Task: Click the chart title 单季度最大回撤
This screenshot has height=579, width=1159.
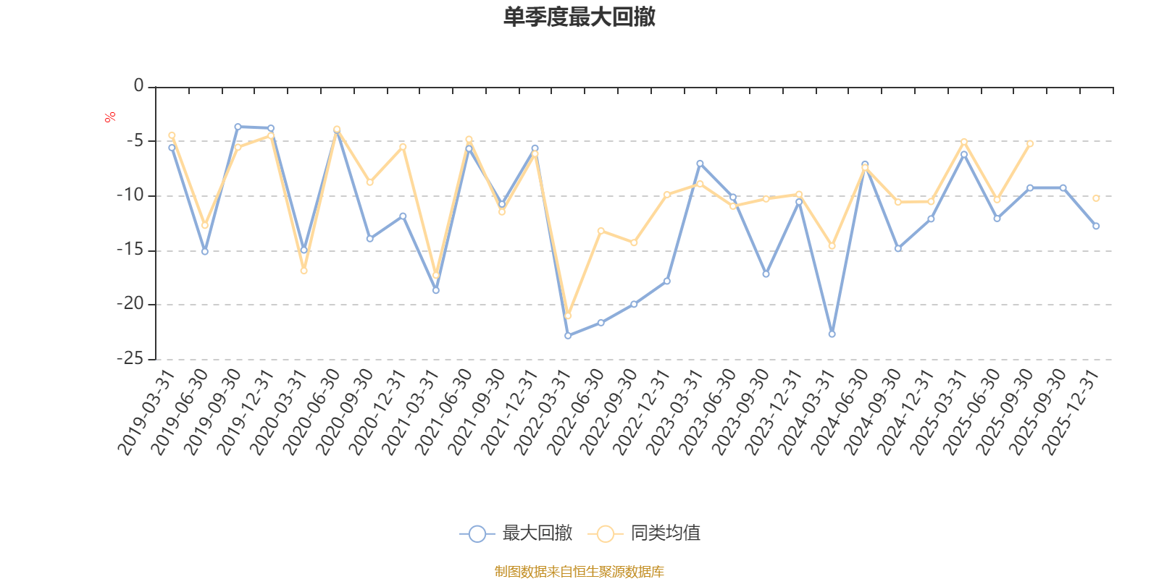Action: [579, 17]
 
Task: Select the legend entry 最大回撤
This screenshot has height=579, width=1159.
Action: [516, 534]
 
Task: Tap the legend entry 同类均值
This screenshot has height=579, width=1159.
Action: [645, 534]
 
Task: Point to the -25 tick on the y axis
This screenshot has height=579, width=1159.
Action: [130, 359]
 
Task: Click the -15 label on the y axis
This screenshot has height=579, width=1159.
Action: [130, 250]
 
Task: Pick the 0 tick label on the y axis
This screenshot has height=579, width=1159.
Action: [138, 86]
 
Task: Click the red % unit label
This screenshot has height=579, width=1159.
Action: [110, 117]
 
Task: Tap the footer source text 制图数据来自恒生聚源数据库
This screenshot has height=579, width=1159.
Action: [579, 572]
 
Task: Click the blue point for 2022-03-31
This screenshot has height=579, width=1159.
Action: [568, 336]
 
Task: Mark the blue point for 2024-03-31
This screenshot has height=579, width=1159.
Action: [832, 334]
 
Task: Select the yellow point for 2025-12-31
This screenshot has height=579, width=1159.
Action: [1096, 198]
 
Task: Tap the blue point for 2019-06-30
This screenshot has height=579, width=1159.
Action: [204, 252]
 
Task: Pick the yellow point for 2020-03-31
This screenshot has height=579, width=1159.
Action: [304, 271]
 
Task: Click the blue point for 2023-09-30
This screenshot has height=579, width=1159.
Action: [766, 274]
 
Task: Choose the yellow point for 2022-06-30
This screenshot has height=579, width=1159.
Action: [601, 230]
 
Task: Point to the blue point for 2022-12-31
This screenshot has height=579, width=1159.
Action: [667, 281]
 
